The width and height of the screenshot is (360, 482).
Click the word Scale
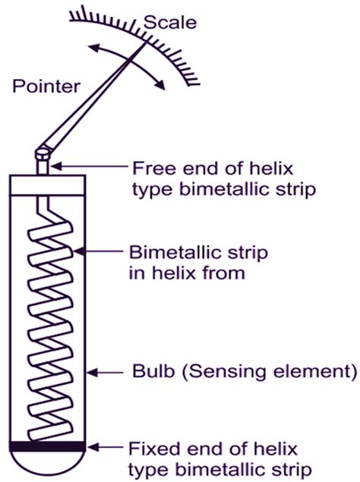click(x=170, y=23)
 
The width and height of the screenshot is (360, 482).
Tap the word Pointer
click(x=46, y=87)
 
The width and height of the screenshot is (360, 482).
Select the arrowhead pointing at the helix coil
click(x=79, y=251)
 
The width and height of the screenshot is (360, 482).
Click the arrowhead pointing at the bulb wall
click(x=92, y=373)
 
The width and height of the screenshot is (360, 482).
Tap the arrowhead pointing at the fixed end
click(x=92, y=447)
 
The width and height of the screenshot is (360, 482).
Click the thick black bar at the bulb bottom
click(x=47, y=446)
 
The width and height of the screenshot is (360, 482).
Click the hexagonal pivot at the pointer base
click(x=43, y=153)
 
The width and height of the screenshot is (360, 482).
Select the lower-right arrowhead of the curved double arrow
click(x=160, y=84)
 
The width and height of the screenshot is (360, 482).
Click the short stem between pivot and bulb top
click(x=43, y=167)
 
